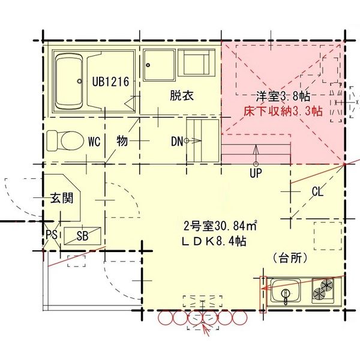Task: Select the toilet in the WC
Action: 66,141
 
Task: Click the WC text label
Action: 94,142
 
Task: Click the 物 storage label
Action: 122,142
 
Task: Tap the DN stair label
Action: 176,142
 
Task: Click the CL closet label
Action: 317,192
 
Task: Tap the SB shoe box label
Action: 82,236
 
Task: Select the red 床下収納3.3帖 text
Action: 283,111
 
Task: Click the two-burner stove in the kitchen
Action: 325,290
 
